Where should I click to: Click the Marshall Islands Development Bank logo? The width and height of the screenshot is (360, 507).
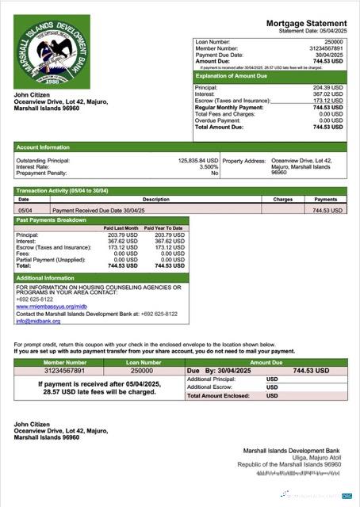(52, 52)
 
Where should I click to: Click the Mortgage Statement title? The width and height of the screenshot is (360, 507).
(306, 24)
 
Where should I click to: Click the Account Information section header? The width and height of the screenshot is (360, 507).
(43, 147)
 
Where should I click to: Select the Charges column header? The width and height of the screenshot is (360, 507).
(283, 200)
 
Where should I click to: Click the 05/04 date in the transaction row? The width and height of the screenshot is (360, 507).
(25, 211)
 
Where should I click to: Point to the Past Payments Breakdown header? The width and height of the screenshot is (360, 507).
(52, 220)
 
